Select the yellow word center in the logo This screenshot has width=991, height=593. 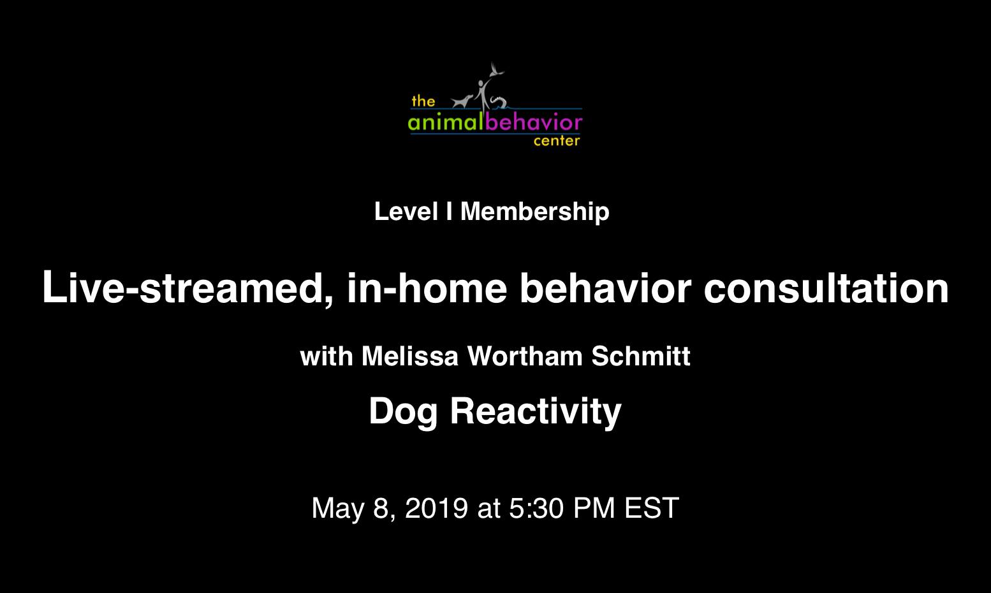click(x=557, y=141)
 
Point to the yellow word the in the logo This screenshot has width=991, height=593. click(x=423, y=101)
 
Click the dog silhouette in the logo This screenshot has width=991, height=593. click(x=462, y=102)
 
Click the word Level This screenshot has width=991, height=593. click(x=406, y=211)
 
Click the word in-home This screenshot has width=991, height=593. click(x=427, y=288)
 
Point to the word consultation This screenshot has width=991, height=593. click(x=826, y=288)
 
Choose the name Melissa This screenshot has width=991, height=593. click(x=409, y=356)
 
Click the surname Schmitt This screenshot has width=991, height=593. click(x=641, y=356)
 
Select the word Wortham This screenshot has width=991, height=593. click(x=525, y=356)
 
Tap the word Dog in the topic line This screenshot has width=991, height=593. click(x=403, y=412)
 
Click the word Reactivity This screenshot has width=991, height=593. click(x=536, y=412)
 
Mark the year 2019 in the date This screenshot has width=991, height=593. click(x=437, y=508)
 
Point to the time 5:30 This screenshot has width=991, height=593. click(x=536, y=508)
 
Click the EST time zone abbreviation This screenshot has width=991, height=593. click(x=652, y=508)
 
